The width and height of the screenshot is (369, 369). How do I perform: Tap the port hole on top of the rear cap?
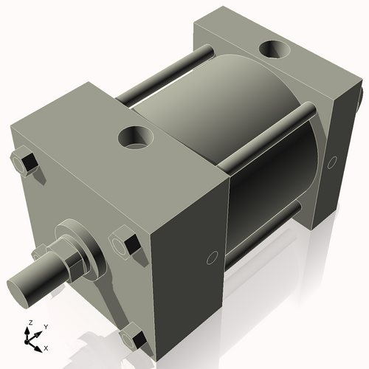pos(274,50)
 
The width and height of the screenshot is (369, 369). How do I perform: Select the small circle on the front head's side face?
pos(211,257)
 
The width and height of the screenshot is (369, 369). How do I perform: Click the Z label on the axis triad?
pos(29,323)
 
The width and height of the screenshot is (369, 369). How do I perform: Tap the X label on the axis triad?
pos(46,347)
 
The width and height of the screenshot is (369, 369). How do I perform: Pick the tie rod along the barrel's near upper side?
pos(275,128)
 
